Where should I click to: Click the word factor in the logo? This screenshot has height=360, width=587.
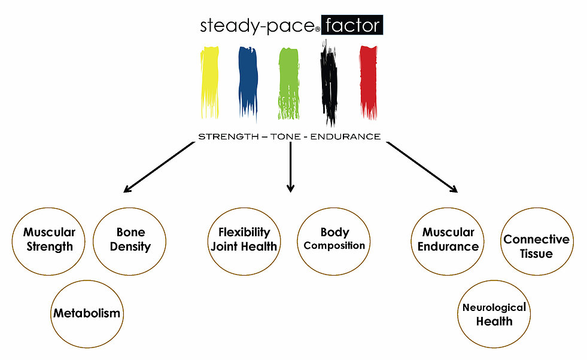352,26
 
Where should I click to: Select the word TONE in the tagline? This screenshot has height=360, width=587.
284,136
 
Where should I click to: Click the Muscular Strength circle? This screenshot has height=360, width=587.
49,239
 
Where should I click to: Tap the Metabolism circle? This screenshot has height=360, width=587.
87,313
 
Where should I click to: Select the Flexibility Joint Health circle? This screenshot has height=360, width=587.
244,239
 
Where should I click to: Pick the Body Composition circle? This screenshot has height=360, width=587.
334,239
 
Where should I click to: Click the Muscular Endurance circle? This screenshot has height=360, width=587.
448,239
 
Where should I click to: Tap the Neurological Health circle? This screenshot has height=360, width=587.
494,314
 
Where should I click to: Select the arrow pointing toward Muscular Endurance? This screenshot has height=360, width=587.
422,167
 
